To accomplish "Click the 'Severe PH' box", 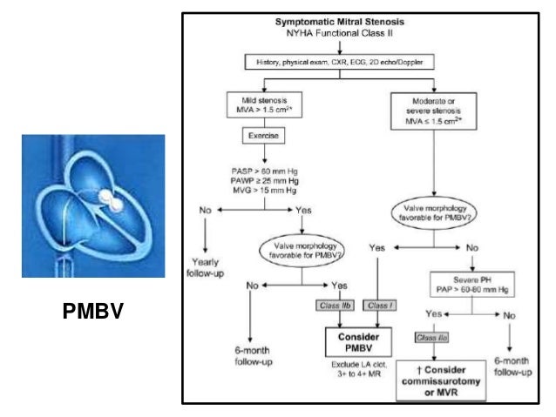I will click(467, 284).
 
